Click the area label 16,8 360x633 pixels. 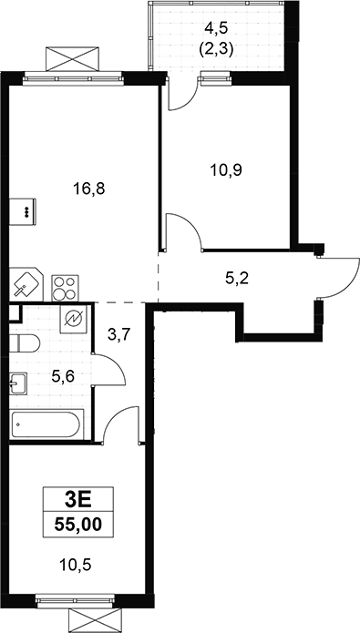click(89, 189)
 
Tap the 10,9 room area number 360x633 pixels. click(226, 170)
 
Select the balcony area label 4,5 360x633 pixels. click(216, 28)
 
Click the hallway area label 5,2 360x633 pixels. click(236, 278)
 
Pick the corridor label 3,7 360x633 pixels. click(120, 334)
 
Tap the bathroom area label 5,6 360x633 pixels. click(64, 377)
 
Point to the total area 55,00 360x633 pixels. click(78, 525)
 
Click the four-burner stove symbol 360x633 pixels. click(65, 288)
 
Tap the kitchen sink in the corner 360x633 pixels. click(26, 284)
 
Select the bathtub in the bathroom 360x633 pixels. click(46, 424)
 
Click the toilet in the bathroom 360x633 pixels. click(25, 343)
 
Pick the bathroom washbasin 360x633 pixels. click(18, 383)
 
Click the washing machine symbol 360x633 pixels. click(73, 319)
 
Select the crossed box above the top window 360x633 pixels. click(72, 59)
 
